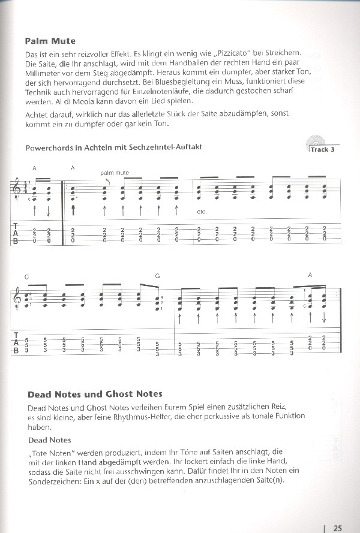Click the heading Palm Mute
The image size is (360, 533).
pos(50,41)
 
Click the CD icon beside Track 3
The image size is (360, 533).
pos(313,143)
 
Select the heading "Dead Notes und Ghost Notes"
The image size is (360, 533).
pos(95,394)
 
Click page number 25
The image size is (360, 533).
pos(337,511)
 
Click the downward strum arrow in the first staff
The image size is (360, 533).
pos(47,211)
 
